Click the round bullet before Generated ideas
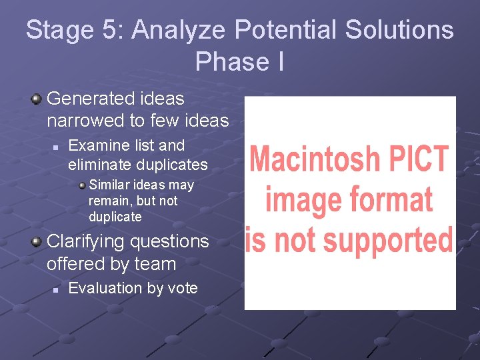[x=36, y=99]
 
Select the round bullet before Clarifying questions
[x=36, y=242]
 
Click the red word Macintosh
[x=315, y=159]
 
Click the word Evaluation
[x=107, y=288]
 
